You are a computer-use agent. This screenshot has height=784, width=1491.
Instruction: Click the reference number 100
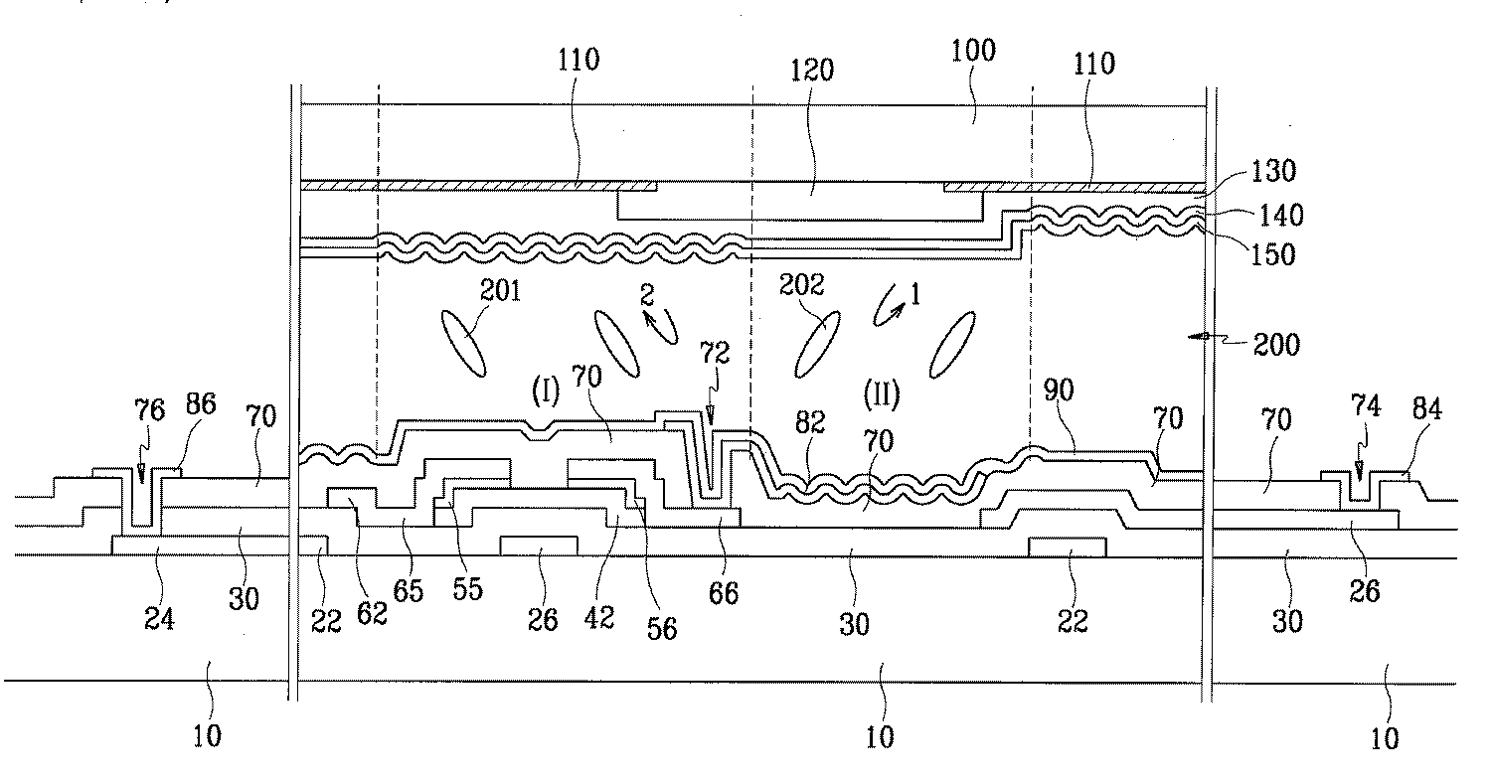(972, 52)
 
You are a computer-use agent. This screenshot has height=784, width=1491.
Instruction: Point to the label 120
(812, 71)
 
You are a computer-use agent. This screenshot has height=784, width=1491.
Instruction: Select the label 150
(1273, 255)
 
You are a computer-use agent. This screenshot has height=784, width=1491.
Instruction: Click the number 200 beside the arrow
(1276, 345)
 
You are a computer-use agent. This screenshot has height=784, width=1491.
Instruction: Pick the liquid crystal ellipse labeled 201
(464, 344)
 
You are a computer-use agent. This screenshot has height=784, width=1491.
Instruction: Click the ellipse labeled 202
(817, 344)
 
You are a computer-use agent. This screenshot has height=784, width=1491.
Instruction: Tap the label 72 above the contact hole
(715, 353)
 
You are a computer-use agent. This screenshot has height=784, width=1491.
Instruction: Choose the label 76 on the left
(150, 410)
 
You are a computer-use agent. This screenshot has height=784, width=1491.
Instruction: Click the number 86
(201, 404)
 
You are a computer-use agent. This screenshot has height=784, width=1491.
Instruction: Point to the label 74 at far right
(1366, 406)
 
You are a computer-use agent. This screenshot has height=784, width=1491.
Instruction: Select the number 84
(1427, 409)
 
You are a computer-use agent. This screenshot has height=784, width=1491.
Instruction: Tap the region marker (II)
(882, 394)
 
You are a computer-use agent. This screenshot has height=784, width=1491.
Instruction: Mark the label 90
(1059, 391)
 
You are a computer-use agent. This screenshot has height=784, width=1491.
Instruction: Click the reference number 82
(810, 422)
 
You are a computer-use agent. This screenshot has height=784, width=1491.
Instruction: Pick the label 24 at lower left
(159, 619)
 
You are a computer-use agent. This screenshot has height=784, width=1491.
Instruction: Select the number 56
(662, 629)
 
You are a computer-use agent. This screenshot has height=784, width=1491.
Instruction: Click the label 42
(599, 618)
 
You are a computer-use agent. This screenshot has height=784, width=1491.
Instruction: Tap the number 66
(724, 593)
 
